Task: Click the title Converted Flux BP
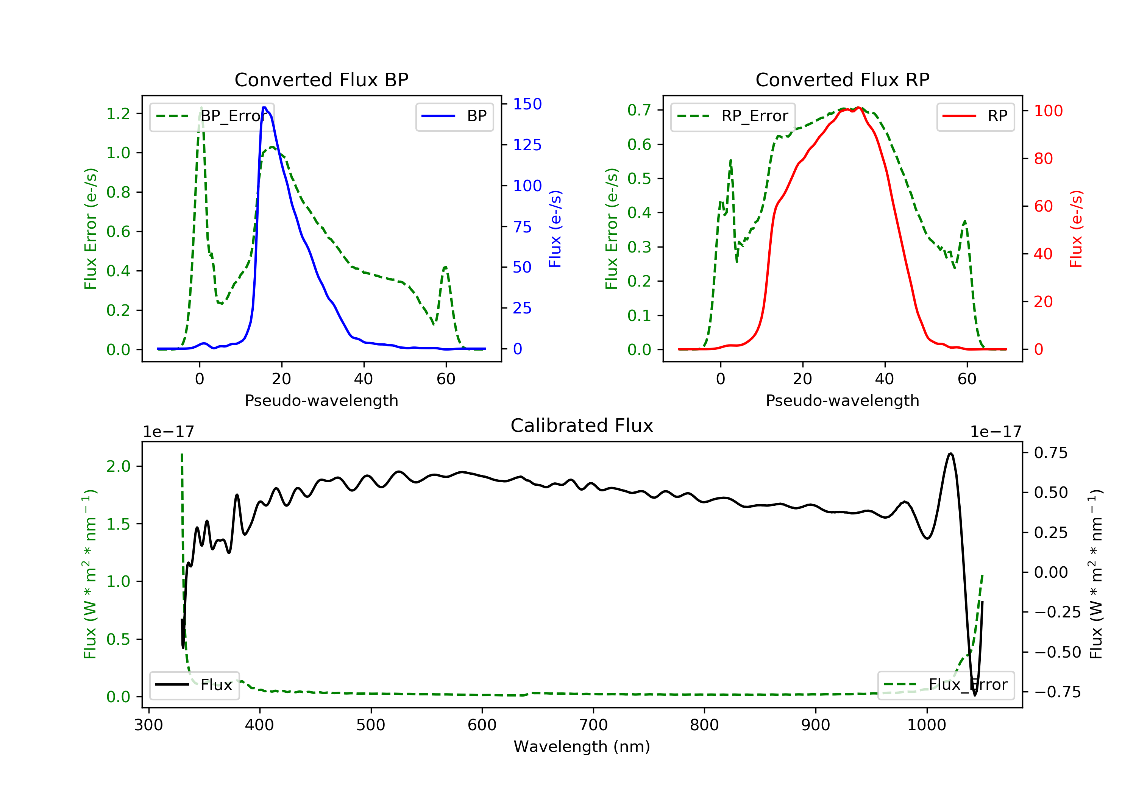click(321, 79)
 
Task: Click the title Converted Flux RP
click(842, 79)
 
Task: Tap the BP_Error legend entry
click(212, 116)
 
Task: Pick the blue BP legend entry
click(454, 116)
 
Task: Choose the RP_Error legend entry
click(732, 116)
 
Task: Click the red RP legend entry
click(975, 116)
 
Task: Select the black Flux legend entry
click(194, 685)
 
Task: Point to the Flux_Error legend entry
click(946, 685)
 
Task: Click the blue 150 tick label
click(527, 104)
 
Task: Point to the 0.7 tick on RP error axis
click(639, 110)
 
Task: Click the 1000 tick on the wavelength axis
click(926, 725)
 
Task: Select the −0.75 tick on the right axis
click(1057, 692)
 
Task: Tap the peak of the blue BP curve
click(264, 108)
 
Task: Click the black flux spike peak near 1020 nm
click(950, 454)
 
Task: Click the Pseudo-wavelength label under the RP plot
click(842, 400)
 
